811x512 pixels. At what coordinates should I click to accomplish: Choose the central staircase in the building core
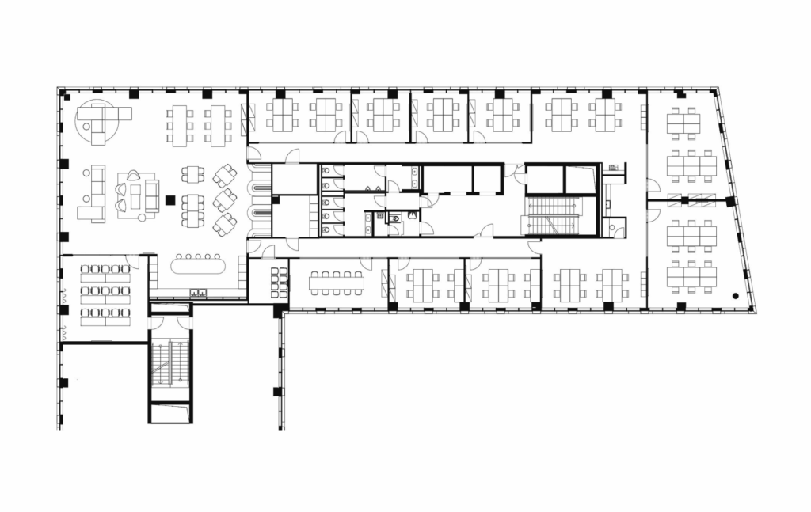(x=554, y=215)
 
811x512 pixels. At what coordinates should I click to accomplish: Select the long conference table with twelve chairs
(x=337, y=283)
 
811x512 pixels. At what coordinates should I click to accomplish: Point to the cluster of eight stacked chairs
(x=280, y=283)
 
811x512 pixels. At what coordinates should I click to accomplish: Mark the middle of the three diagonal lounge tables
(x=224, y=199)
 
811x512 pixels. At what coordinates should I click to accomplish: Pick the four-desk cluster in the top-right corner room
(x=683, y=123)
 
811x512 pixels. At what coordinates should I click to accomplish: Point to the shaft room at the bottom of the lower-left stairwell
(x=170, y=412)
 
